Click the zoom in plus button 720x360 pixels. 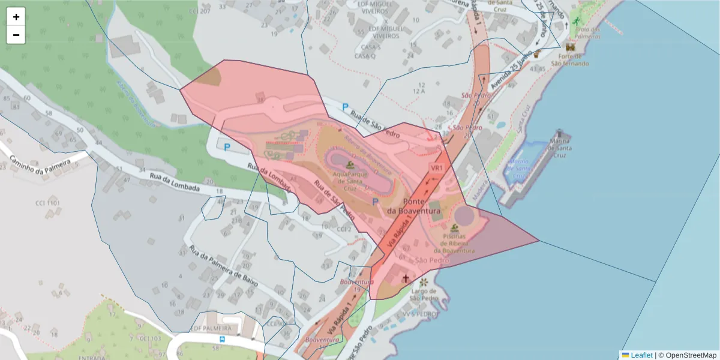point(16,17)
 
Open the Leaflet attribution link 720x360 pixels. point(641,355)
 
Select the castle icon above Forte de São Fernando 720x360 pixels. point(569,47)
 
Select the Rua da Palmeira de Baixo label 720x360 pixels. point(224,265)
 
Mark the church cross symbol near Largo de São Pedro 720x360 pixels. point(406,278)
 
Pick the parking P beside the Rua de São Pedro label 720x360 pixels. point(345,107)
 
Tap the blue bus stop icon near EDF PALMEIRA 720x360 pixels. point(223,339)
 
